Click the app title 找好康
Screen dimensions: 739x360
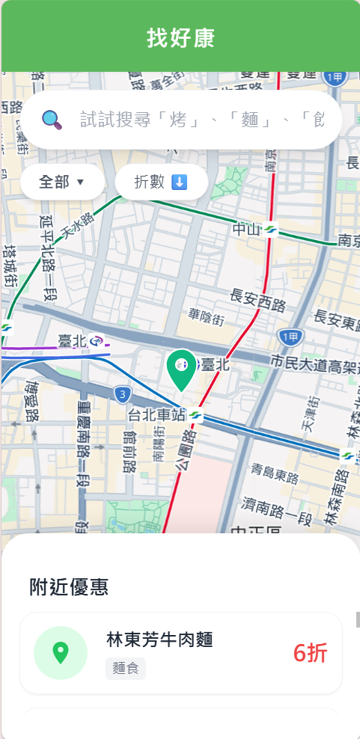tap(180, 38)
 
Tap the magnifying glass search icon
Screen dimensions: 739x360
tap(52, 119)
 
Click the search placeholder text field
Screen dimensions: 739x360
tap(202, 120)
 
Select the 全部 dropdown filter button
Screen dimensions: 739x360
tap(62, 182)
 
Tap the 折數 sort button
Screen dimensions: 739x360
tap(161, 182)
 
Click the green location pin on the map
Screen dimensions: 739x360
tap(180, 369)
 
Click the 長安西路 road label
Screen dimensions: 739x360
tap(259, 304)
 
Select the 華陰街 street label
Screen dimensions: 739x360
tap(206, 318)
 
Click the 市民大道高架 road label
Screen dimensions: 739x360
tap(314, 363)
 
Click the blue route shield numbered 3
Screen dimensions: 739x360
tap(121, 393)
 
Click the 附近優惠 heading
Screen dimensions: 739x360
tap(70, 587)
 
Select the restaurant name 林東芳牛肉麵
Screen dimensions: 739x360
tap(160, 640)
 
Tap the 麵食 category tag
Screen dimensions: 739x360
tap(126, 669)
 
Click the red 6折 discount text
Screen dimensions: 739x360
tap(310, 653)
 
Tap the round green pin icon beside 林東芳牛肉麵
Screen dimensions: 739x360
tap(61, 653)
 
